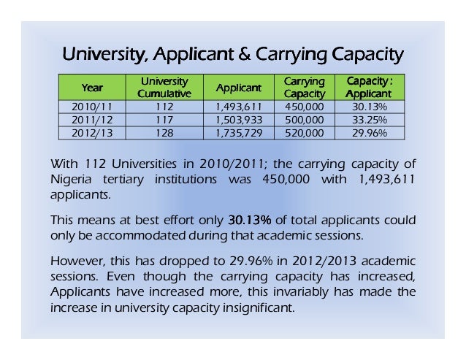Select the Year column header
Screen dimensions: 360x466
tap(93, 88)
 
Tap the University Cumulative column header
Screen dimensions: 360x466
tap(163, 88)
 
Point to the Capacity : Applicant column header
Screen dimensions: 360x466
tap(368, 88)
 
